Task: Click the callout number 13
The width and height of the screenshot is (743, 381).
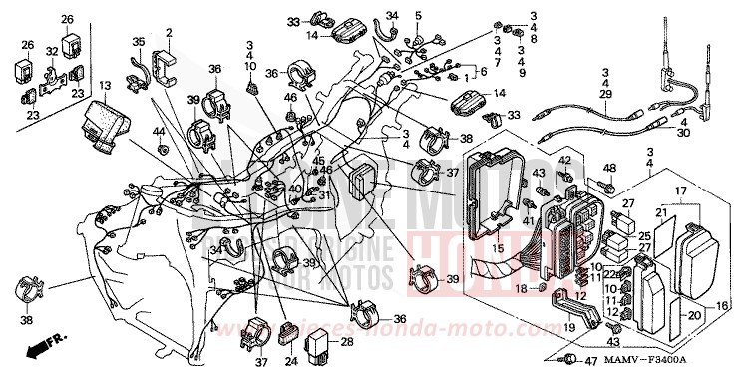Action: (106, 88)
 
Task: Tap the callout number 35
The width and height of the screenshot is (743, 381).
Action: (139, 41)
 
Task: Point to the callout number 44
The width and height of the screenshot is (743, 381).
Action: (158, 132)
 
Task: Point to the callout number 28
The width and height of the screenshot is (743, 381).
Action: (347, 342)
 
